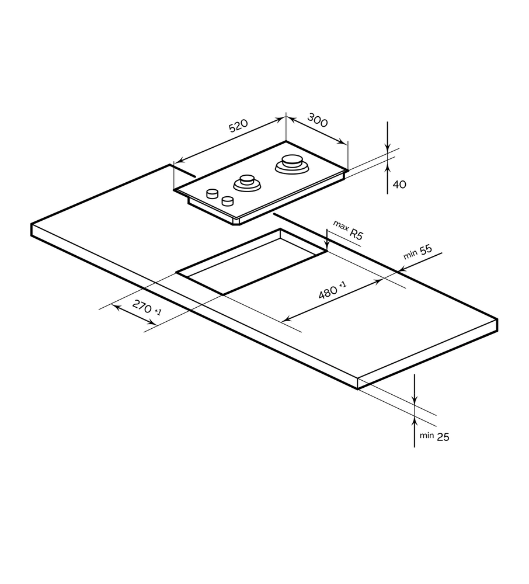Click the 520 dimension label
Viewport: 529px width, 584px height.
[x=238, y=127]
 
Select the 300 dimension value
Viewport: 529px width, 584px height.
[x=317, y=121]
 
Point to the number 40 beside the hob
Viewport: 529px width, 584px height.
[x=399, y=185]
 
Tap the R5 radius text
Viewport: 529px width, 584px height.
[x=357, y=235]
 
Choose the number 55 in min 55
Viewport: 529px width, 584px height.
[x=425, y=250]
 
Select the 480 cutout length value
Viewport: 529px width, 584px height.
[x=328, y=291]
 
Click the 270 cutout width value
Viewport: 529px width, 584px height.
[x=142, y=307]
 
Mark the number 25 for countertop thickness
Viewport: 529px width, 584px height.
[x=443, y=436]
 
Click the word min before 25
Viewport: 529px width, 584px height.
[x=427, y=435]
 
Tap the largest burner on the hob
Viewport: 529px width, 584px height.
[x=291, y=163]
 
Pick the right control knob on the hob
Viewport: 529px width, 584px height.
[x=227, y=201]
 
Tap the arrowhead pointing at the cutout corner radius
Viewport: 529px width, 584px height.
[x=327, y=248]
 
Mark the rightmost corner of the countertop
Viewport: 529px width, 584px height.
[x=497, y=320]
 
